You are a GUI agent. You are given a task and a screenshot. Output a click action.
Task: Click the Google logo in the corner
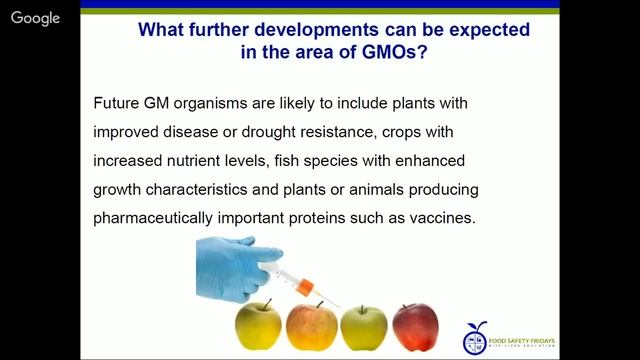click(33, 20)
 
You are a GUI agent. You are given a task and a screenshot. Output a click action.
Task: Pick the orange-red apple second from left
click(311, 330)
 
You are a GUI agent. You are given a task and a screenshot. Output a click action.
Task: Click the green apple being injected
click(363, 329)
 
